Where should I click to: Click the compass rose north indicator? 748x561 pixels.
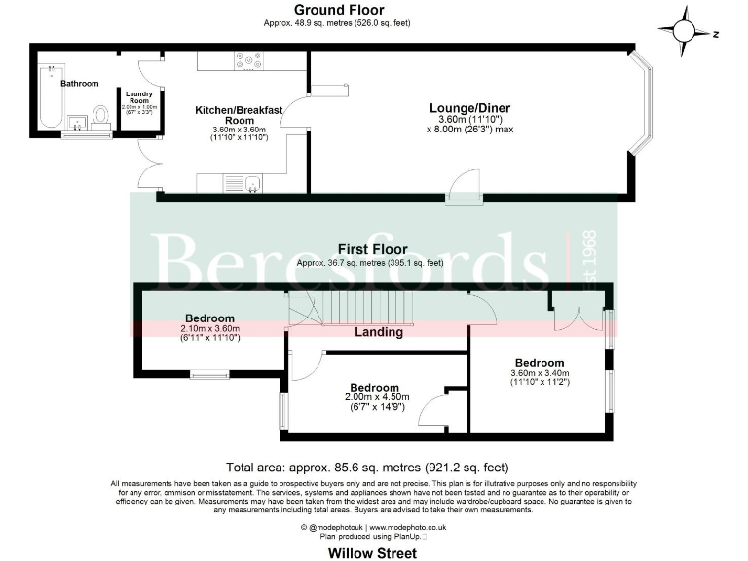click(686, 31)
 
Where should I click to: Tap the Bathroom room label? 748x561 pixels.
click(80, 84)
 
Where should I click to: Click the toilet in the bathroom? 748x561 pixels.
click(101, 118)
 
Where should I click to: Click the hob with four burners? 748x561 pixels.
click(248, 60)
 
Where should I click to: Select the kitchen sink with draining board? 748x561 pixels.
click(243, 182)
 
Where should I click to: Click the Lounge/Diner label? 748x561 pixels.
click(469, 108)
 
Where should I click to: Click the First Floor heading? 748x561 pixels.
click(373, 249)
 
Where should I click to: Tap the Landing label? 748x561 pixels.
click(379, 332)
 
